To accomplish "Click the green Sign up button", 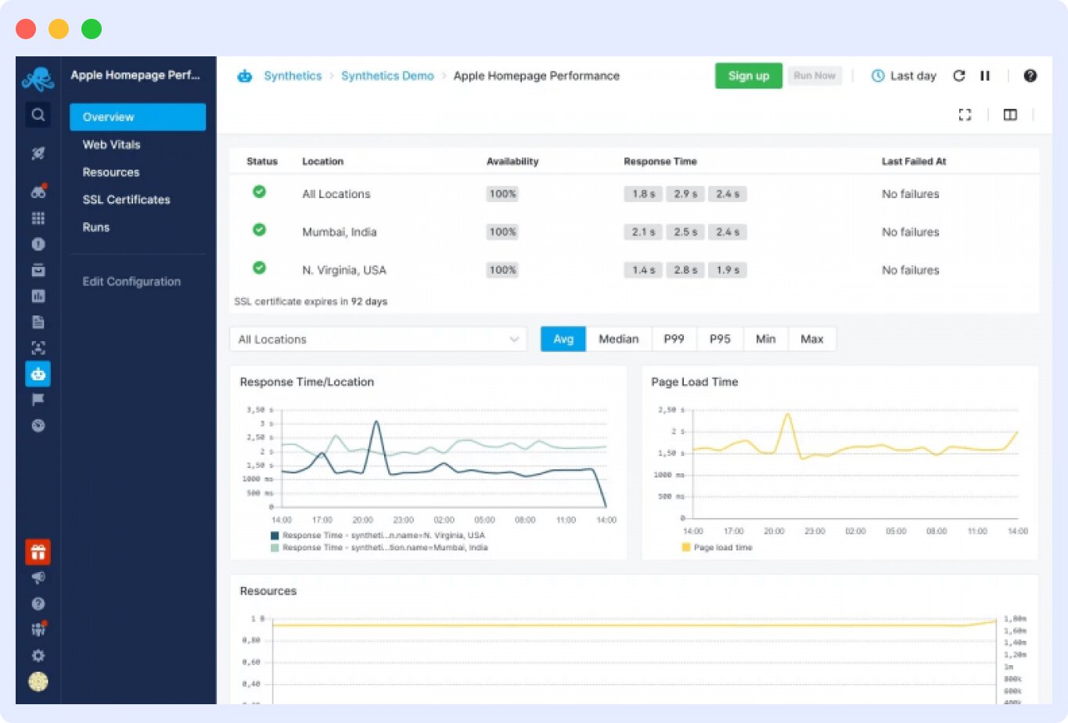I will [748, 76].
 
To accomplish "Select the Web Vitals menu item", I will [112, 145].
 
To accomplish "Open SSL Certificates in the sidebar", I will [126, 200].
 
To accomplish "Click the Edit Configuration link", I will [131, 282].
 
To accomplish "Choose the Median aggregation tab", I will [618, 339].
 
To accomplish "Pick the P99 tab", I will [674, 339].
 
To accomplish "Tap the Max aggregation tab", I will [811, 339].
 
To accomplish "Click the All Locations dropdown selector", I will [378, 340].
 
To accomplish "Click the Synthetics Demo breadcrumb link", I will [387, 76].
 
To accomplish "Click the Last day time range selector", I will [904, 76].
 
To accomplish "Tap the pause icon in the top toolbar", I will [985, 76].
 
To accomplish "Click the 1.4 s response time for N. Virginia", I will [643, 270].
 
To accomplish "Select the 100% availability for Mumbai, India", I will [502, 232].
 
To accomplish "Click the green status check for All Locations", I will [259, 192].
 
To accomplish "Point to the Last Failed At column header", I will [913, 161].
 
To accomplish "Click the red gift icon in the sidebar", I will [38, 552].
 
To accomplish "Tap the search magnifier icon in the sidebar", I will [38, 115].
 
